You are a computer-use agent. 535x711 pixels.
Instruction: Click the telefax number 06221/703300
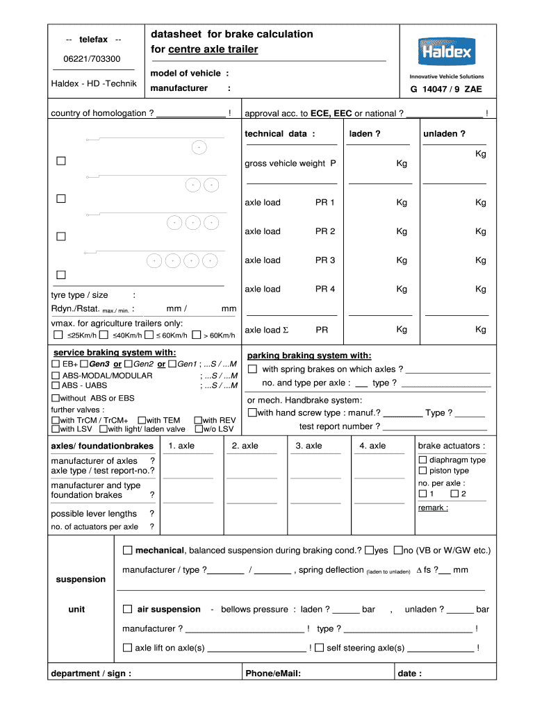tap(92, 59)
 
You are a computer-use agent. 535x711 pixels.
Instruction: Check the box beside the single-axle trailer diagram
tap(61, 161)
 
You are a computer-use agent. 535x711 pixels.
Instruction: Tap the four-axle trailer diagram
tap(182, 260)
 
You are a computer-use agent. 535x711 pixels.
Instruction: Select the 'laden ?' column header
tap(365, 134)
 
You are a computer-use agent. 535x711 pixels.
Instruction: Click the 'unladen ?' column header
tap(444, 134)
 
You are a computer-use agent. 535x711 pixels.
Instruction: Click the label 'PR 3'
tap(325, 260)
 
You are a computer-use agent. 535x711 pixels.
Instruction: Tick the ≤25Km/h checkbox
tap(58, 335)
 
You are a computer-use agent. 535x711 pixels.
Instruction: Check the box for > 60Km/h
tap(196, 335)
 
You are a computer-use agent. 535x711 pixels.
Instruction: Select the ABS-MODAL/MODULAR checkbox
tap(56, 376)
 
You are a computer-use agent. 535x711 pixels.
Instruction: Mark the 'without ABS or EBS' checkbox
tap(56, 399)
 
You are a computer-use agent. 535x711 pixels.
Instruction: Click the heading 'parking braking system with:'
tap(309, 355)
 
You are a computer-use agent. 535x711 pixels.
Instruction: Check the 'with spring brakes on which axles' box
tap(253, 369)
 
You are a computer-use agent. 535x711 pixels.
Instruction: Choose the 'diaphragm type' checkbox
tap(422, 460)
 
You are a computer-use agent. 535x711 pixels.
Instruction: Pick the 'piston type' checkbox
tap(422, 471)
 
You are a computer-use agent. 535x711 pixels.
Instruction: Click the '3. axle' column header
tap(308, 446)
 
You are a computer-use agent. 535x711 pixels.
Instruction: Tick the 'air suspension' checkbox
tap(127, 609)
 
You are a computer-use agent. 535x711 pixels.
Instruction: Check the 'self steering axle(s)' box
tap(319, 647)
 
